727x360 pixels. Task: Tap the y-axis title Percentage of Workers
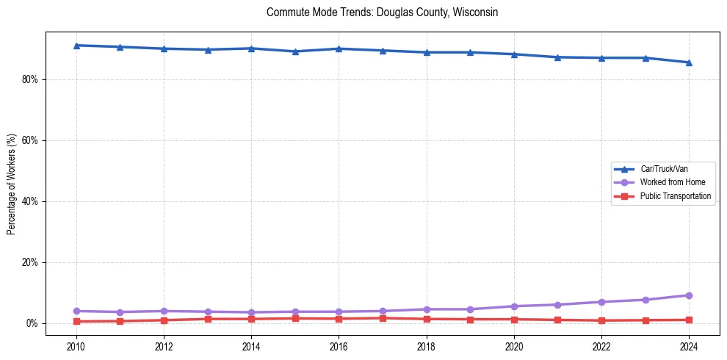pyautogui.click(x=12, y=183)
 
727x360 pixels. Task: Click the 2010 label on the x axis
pyautogui.click(x=76, y=346)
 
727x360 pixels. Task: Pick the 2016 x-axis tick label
pyautogui.click(x=339, y=346)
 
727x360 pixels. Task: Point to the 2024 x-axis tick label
pyautogui.click(x=689, y=346)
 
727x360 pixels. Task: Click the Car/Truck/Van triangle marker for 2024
pyautogui.click(x=689, y=62)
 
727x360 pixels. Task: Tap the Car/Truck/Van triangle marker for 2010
pyautogui.click(x=76, y=46)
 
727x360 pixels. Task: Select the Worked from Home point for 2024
pyautogui.click(x=689, y=295)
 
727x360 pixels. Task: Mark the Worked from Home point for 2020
pyautogui.click(x=514, y=306)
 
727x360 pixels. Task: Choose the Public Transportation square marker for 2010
pyautogui.click(x=76, y=321)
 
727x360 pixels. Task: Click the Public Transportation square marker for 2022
pyautogui.click(x=601, y=320)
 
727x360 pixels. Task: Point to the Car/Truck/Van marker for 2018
pyautogui.click(x=427, y=52)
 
